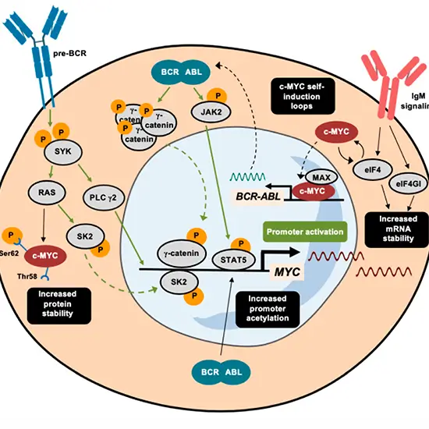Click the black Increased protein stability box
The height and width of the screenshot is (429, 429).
[58, 303]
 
